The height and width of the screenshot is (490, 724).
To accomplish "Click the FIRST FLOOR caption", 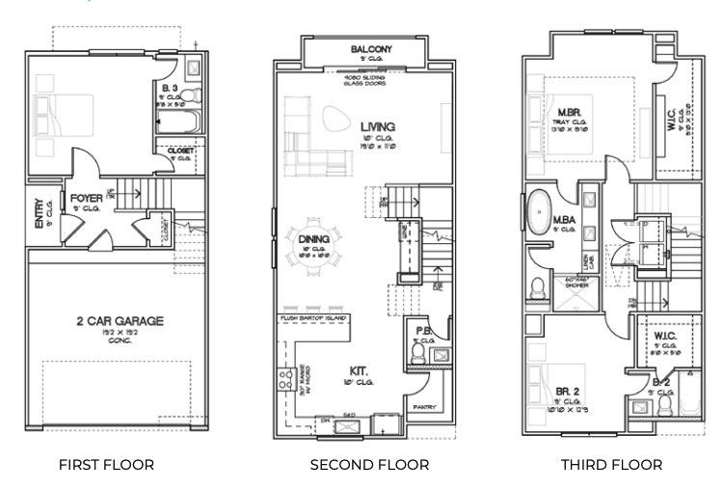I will [x=106, y=465].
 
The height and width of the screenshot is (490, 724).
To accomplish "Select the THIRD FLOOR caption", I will [x=611, y=465].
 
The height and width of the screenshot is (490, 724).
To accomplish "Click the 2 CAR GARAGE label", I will [x=120, y=321].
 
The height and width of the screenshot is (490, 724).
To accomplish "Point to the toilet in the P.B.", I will [x=417, y=356].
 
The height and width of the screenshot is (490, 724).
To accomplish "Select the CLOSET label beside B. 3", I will [x=180, y=150].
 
